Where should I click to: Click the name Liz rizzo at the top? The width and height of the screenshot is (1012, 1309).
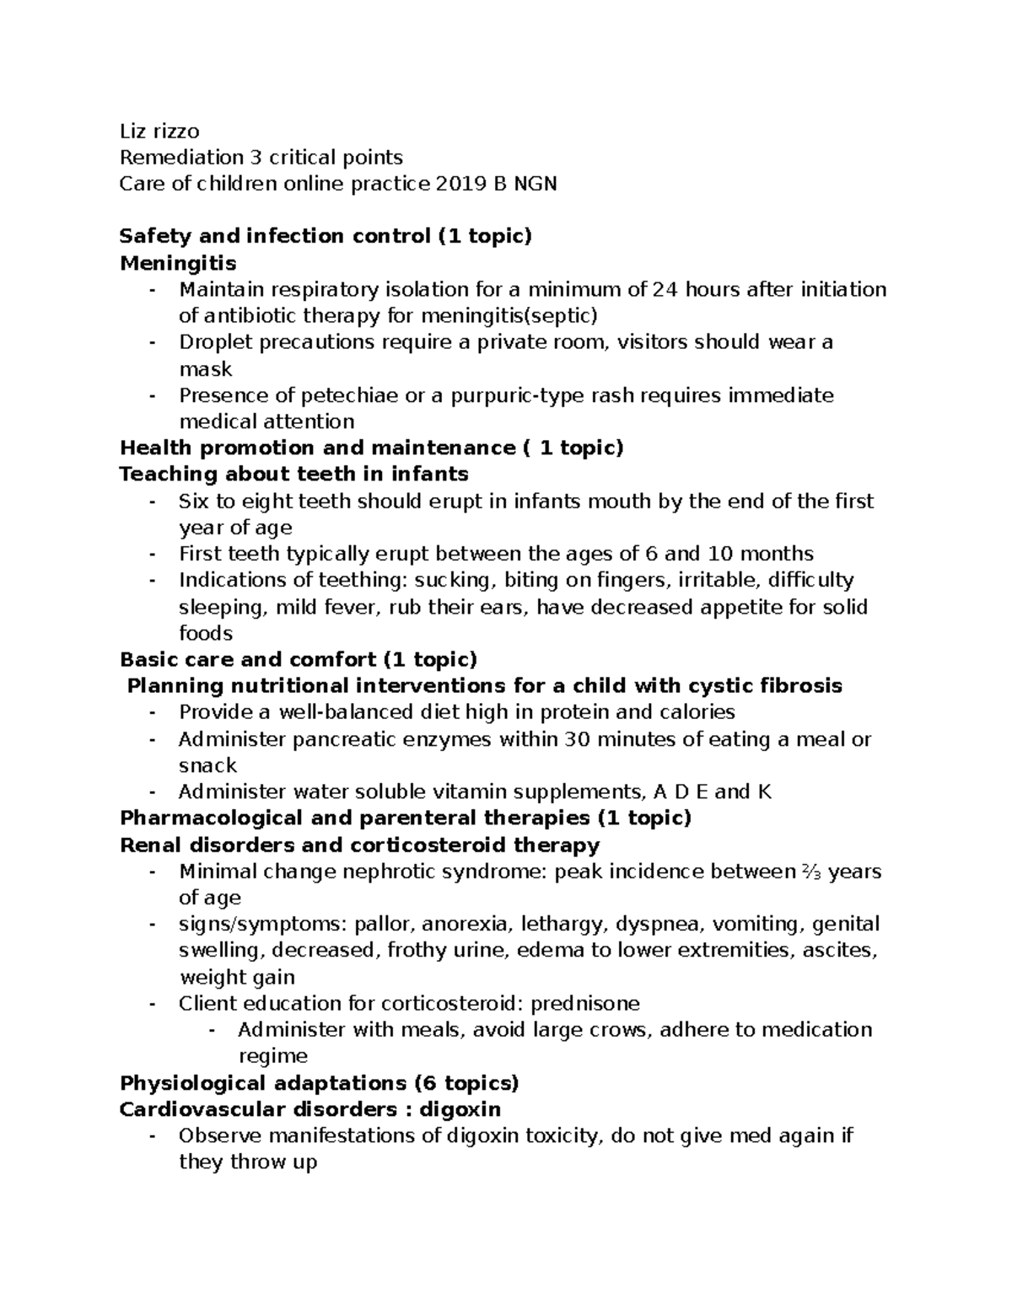(x=159, y=131)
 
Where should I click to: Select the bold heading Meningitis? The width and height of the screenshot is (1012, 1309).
(x=178, y=263)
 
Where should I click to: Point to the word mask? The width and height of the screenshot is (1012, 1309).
(x=205, y=369)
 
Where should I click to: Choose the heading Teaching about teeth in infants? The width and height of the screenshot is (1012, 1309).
(x=293, y=474)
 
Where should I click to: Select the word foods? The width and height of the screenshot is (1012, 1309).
(x=206, y=633)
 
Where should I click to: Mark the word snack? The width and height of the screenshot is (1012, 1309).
(x=207, y=765)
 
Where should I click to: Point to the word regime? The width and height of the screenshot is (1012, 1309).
(x=272, y=1056)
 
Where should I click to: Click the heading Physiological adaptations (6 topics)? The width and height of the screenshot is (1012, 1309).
(x=320, y=1082)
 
